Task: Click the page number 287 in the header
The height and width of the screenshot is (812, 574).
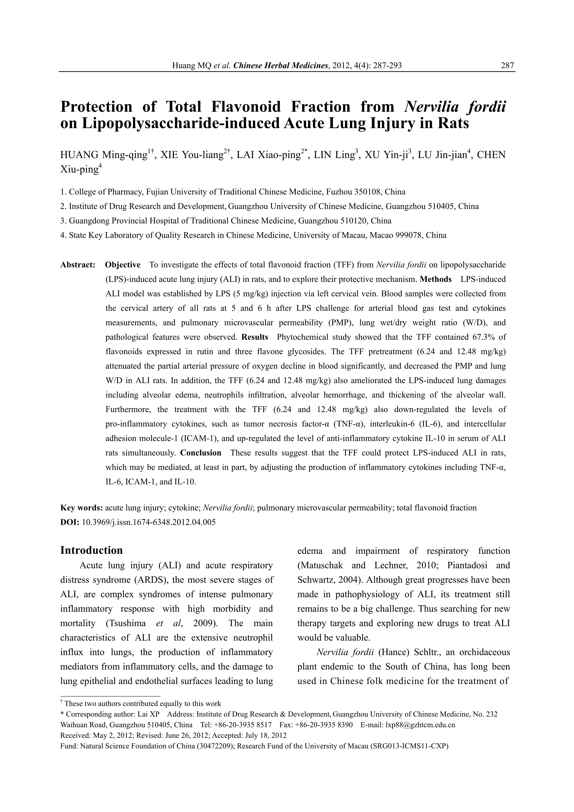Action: coord(507,65)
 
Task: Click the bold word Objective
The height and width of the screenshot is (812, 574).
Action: coord(123,265)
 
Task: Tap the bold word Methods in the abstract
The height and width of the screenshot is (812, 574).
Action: coord(436,279)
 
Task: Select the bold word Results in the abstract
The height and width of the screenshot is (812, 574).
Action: coord(255,337)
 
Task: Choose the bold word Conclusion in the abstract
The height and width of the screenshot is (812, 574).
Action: coord(201,453)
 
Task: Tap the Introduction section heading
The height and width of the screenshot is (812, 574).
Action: coord(92,550)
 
